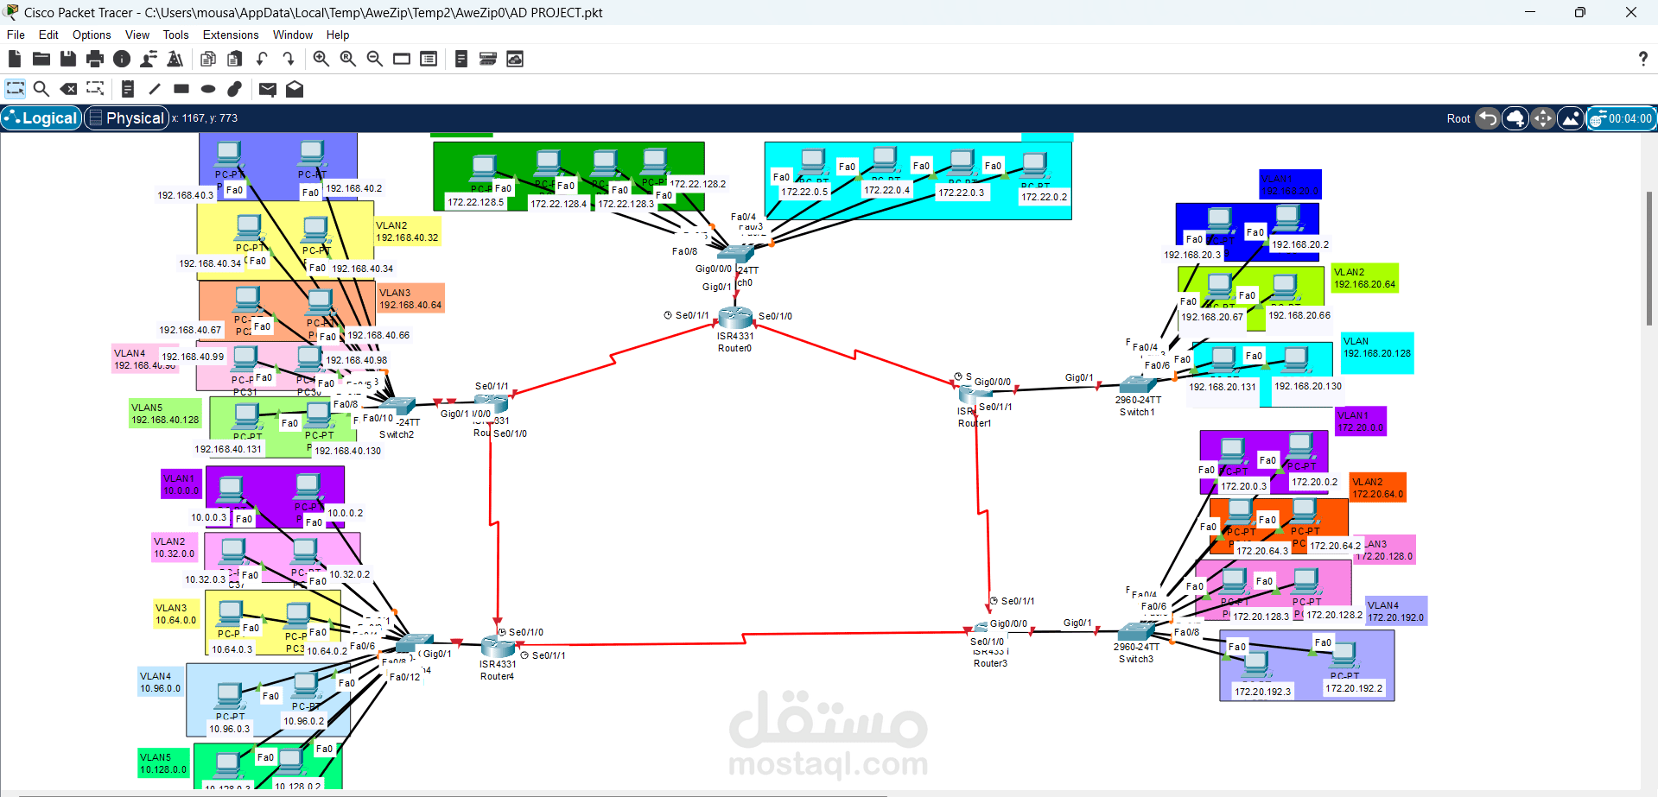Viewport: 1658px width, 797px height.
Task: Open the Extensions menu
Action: click(x=231, y=35)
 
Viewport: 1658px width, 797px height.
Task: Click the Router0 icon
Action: click(x=735, y=318)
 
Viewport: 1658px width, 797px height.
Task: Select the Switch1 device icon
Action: click(x=1136, y=385)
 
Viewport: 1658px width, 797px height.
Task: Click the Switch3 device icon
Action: click(x=1134, y=631)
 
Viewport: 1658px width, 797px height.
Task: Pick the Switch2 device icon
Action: click(x=398, y=405)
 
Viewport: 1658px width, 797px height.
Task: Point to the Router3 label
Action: click(x=990, y=663)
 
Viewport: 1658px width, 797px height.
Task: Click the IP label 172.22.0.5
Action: click(x=804, y=192)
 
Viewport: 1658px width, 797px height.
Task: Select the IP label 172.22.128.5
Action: click(x=475, y=202)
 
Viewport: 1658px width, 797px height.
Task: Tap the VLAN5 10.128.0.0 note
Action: click(x=163, y=763)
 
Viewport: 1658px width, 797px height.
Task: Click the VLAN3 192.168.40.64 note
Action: click(x=410, y=299)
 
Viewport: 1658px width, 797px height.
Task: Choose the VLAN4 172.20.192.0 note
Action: click(x=1395, y=611)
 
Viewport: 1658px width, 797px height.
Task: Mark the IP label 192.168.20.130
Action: click(x=1308, y=386)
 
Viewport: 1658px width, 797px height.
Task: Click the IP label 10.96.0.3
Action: click(x=229, y=729)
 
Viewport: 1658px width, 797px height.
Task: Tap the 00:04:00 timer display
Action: click(x=1629, y=118)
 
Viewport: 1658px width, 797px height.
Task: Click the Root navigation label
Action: click(x=1458, y=118)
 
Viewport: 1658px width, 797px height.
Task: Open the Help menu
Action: click(x=338, y=35)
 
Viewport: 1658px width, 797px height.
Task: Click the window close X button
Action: click(x=1630, y=12)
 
